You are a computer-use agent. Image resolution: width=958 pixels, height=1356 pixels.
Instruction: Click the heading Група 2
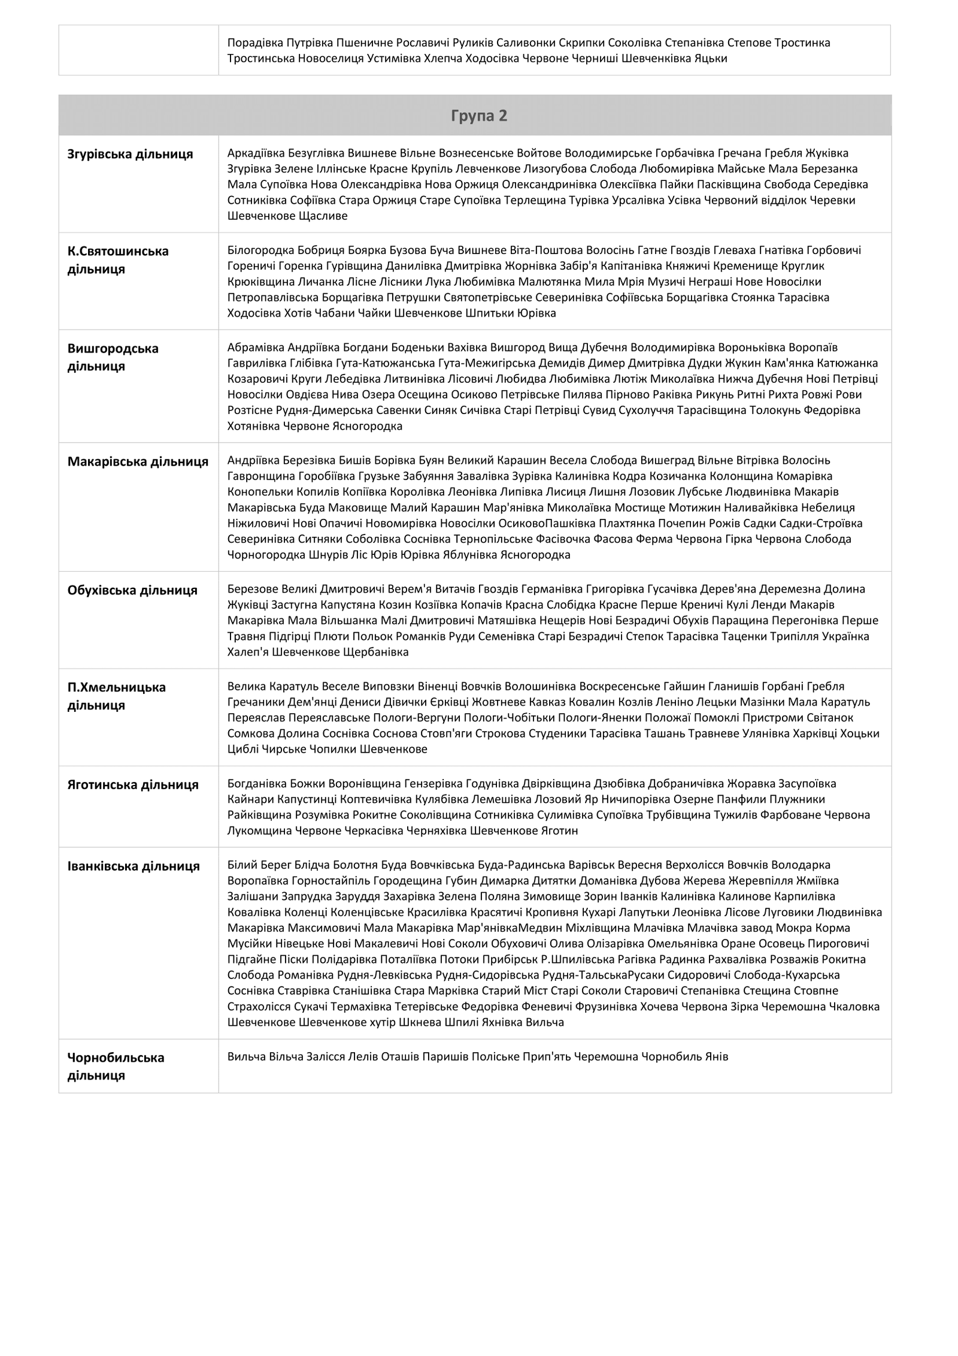click(478, 116)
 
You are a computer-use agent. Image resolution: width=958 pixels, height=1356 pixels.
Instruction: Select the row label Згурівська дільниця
click(130, 154)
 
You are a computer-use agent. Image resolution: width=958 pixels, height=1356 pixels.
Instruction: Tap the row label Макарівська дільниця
click(138, 461)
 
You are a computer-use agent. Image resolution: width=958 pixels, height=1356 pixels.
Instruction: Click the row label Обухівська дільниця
click(132, 590)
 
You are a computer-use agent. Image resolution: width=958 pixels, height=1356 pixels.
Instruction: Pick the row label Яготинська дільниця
click(133, 784)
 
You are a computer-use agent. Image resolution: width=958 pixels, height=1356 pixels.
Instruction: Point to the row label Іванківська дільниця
click(134, 866)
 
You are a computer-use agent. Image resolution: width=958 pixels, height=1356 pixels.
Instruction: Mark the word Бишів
click(354, 460)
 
